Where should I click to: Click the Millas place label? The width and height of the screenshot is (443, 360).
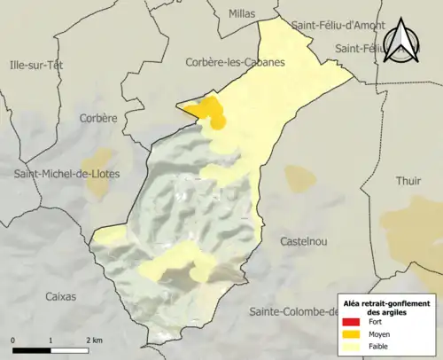[x=241, y=14]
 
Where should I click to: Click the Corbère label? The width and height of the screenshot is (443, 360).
[x=97, y=118]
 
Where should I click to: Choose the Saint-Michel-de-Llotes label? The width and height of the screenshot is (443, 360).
[x=66, y=174]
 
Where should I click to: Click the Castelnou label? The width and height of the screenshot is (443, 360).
[x=305, y=241]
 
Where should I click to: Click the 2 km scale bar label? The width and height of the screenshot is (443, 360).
[x=95, y=340]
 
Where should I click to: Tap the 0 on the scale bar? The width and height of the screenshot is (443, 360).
[x=13, y=340]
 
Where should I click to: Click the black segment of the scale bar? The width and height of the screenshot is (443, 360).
[x=32, y=349]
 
